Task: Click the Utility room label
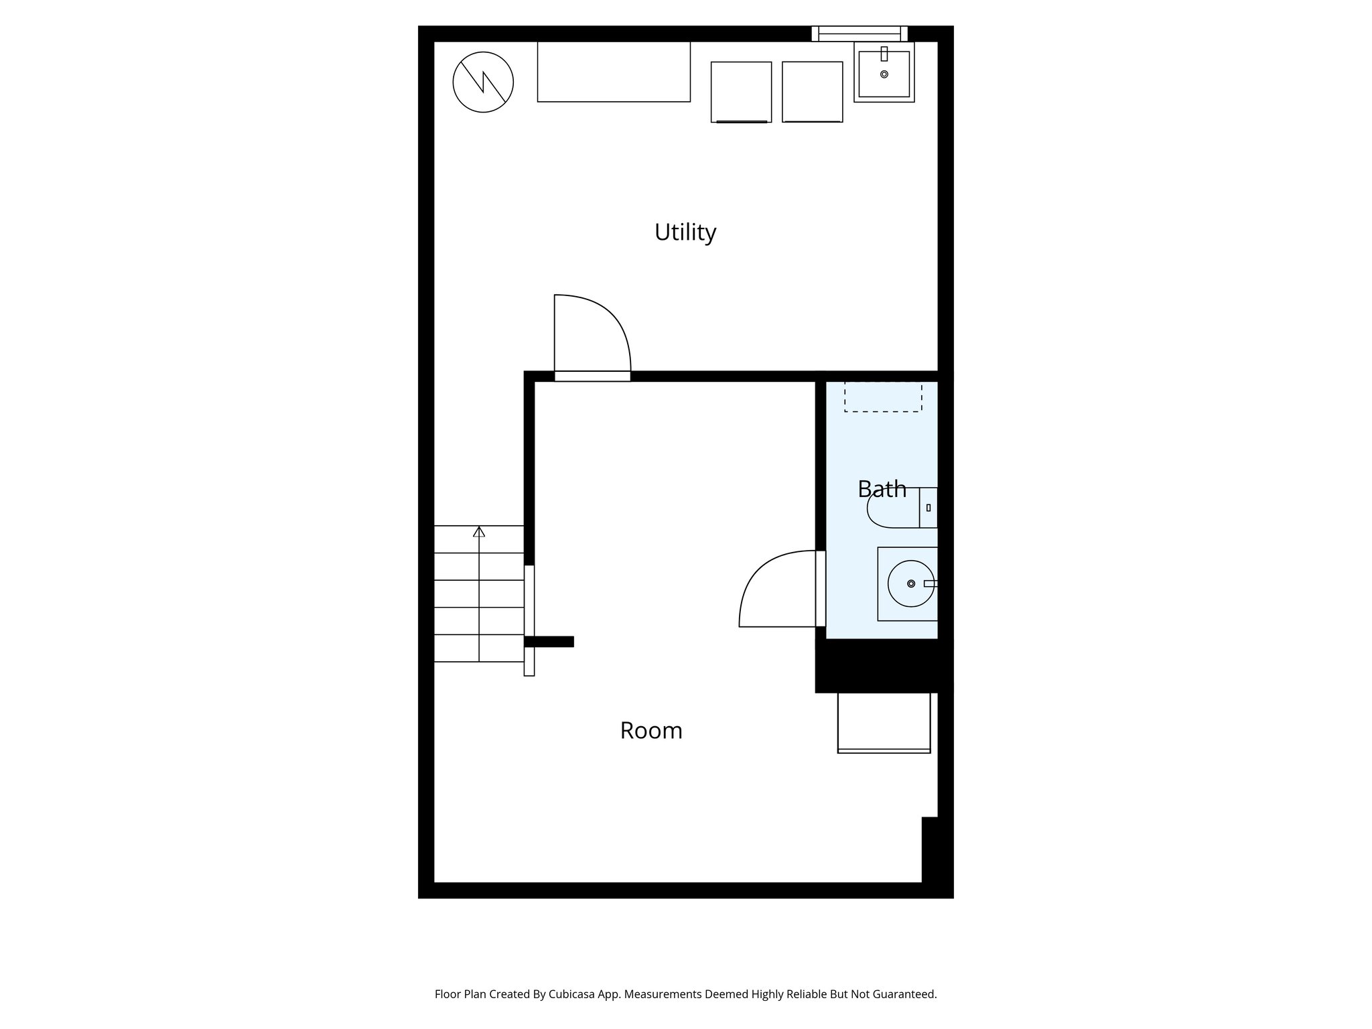click(685, 232)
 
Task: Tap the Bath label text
click(882, 489)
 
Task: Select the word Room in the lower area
click(650, 730)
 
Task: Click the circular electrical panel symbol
click(483, 82)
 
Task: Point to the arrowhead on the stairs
click(479, 532)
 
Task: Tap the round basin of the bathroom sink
click(910, 584)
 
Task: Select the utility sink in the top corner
click(884, 72)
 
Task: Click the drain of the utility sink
click(884, 74)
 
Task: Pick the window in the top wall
click(860, 33)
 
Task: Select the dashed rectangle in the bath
click(883, 397)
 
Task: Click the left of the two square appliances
click(741, 92)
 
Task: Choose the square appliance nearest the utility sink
click(812, 92)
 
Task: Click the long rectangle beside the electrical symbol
click(614, 72)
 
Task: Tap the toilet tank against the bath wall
click(929, 508)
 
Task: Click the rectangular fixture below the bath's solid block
click(884, 722)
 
